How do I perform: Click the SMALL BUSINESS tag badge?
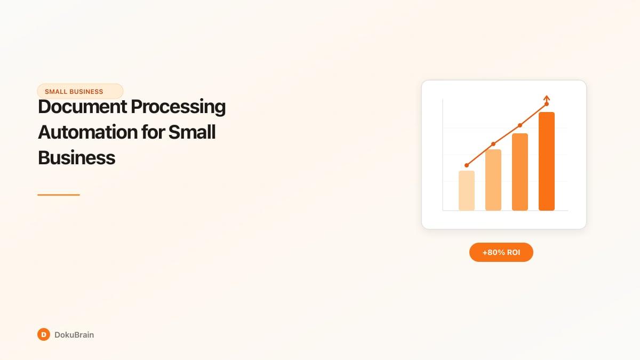point(80,91)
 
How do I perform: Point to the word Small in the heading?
point(192,132)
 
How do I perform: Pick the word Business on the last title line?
point(76,157)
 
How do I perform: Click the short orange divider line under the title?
point(59,195)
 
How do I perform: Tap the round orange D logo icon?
point(44,334)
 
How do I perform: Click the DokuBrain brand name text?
point(74,335)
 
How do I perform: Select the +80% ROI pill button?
point(501,252)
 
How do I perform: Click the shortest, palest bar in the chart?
point(467,190)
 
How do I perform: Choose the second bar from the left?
point(493,180)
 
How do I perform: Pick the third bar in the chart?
point(520,172)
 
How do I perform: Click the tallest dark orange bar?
point(547,161)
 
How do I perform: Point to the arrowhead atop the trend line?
point(547,98)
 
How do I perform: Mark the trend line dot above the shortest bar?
point(467,165)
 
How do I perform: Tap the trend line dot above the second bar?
point(493,144)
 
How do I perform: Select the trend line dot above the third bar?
point(520,125)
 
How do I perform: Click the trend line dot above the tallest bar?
point(547,104)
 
